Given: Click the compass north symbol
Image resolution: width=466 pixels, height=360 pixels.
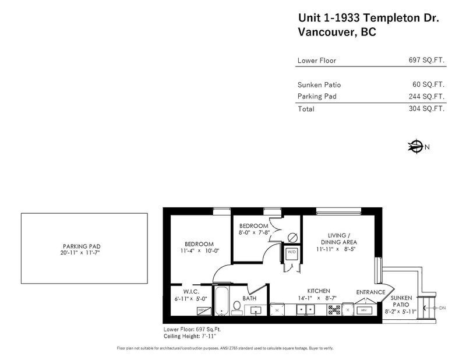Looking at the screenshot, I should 415,146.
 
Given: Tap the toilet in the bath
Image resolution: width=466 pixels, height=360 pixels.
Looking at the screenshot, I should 237,306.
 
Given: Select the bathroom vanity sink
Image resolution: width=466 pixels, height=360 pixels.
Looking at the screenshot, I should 257,309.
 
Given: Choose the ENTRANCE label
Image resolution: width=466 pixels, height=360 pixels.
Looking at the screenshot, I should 371,292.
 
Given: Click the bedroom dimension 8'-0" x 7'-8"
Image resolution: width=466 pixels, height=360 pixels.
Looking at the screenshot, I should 252,233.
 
